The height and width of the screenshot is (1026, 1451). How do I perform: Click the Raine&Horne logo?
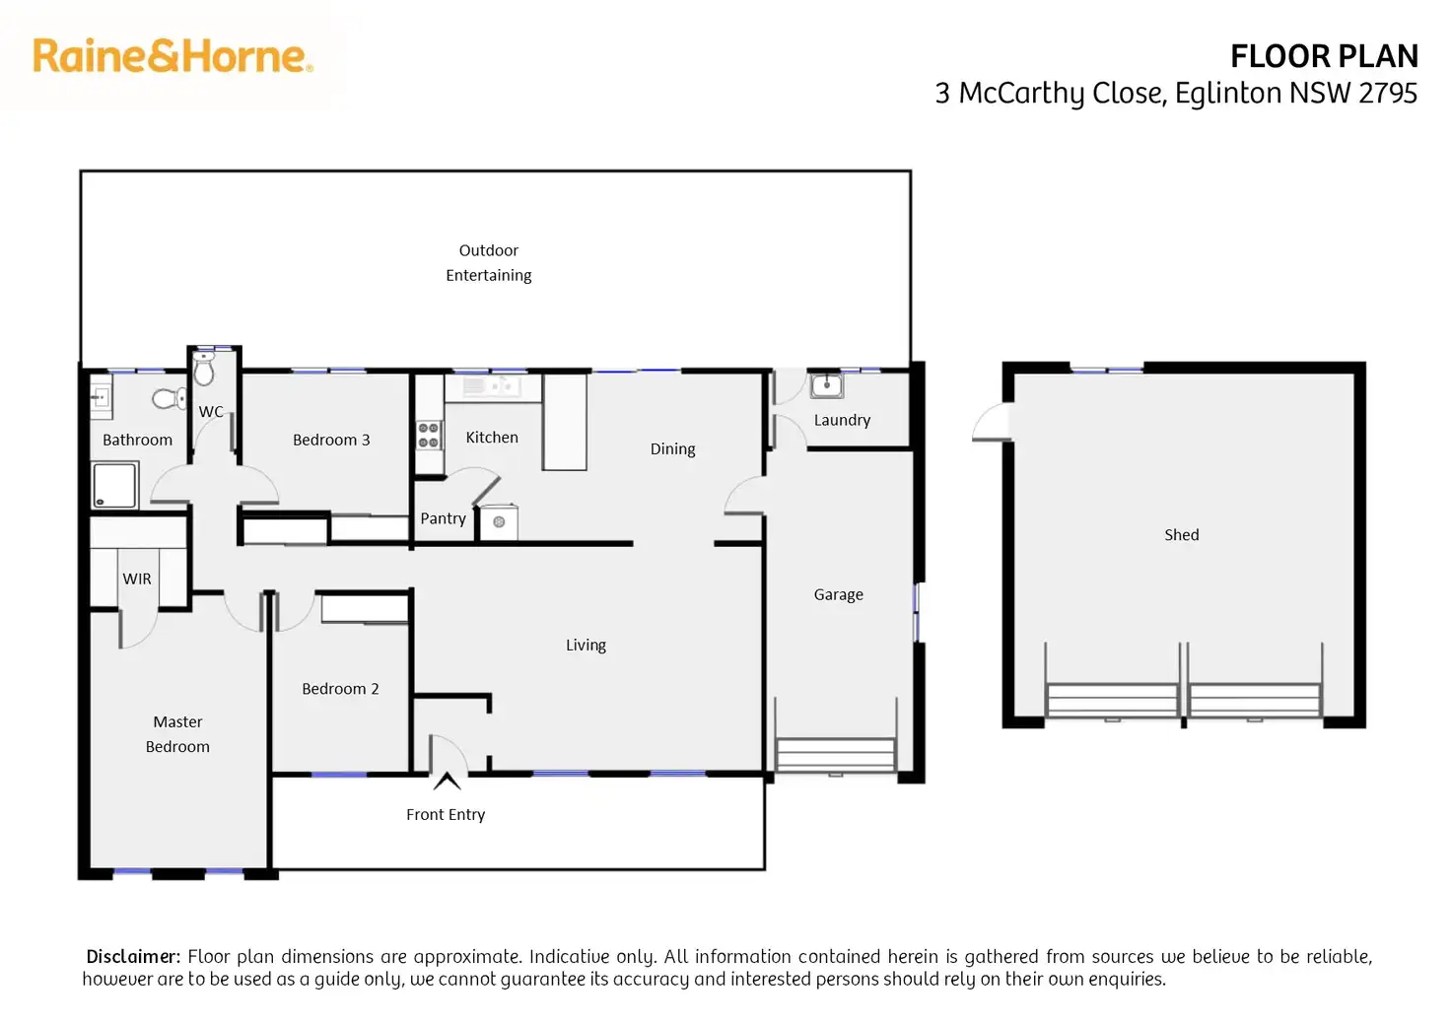[x=173, y=56]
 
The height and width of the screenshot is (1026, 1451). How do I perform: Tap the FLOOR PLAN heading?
[x=1324, y=56]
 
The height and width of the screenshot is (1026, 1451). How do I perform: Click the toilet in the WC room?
[x=204, y=369]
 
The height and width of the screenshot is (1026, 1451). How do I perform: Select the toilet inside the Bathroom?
[x=170, y=398]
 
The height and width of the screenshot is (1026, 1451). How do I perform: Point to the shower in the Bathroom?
[x=115, y=485]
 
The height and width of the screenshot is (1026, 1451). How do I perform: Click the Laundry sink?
[x=827, y=385]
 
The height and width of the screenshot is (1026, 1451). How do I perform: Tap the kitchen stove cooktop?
[x=429, y=435]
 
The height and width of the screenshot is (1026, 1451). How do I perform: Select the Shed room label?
[x=1182, y=535]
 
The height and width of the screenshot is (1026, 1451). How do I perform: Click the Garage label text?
[x=838, y=594]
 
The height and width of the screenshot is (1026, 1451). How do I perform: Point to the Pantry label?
[x=443, y=518]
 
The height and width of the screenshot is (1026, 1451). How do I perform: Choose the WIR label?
[x=137, y=580]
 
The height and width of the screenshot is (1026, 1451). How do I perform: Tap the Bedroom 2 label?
[x=340, y=689]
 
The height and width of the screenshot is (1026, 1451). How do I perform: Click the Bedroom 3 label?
[x=331, y=440]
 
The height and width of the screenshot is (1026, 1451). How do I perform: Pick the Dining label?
[x=672, y=449]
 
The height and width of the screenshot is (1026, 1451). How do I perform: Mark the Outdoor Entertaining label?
[x=488, y=263]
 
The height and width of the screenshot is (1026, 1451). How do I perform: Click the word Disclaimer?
[x=133, y=957]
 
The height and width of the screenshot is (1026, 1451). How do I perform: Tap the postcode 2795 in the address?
[x=1388, y=94]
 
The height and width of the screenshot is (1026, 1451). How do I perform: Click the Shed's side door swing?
[x=992, y=422]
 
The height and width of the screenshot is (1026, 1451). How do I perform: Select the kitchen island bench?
[x=565, y=422]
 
